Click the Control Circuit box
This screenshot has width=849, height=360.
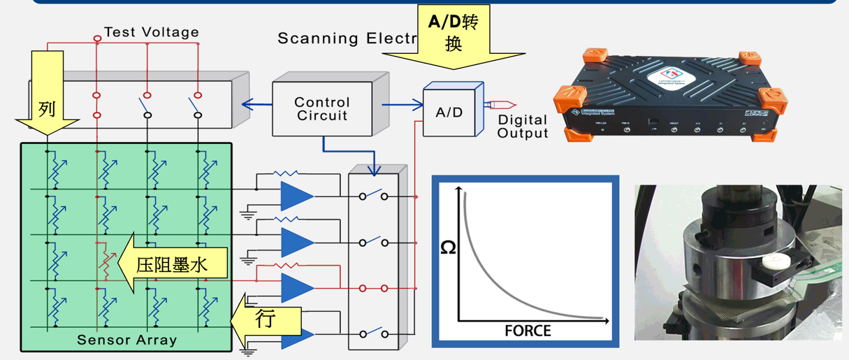tap(322, 108)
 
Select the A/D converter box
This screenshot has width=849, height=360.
tap(449, 112)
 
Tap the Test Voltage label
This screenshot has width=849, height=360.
tap(151, 32)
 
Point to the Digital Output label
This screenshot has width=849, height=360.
tap(523, 127)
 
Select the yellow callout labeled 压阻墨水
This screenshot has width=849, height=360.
tap(171, 264)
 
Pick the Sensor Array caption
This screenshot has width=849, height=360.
tap(126, 340)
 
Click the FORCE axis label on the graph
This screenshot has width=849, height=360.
tap(528, 330)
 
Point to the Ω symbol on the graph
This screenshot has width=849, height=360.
tap(448, 246)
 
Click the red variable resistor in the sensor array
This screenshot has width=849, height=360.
tap(106, 262)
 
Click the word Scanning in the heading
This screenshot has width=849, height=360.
tap(317, 38)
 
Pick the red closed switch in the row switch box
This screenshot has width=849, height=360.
tap(373, 287)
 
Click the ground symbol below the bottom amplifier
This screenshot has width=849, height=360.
tap(248, 350)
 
